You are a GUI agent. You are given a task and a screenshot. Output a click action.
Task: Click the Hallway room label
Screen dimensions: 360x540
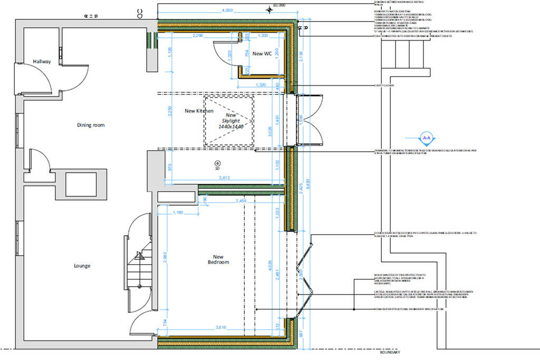[42, 62]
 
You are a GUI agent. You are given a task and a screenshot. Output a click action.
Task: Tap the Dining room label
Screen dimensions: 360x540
[91, 125]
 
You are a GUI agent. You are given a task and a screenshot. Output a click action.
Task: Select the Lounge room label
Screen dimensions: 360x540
[82, 266]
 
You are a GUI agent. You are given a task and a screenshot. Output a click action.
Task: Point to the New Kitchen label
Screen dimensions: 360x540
[199, 111]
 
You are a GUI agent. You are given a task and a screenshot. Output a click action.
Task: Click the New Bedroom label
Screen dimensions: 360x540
[218, 258]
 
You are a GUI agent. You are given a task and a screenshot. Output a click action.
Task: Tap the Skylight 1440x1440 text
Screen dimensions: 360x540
[231, 121]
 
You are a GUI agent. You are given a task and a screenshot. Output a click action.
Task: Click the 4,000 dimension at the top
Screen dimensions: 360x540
[227, 10]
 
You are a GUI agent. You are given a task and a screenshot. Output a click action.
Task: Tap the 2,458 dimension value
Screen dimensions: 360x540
[241, 201]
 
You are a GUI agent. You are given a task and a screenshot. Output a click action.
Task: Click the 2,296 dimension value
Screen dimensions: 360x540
[198, 35]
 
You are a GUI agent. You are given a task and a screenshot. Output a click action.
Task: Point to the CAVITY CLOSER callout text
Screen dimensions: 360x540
[384, 85]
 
